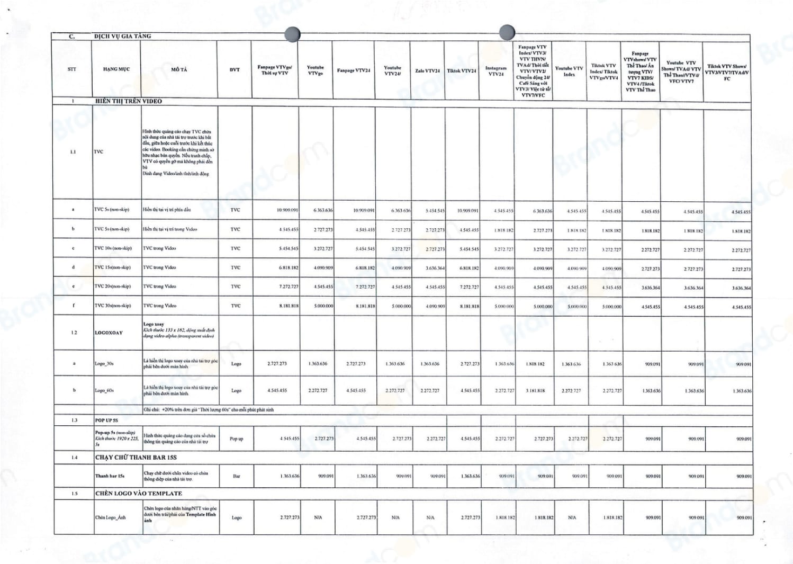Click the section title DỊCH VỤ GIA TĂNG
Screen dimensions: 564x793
coord(122,36)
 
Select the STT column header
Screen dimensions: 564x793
coord(72,69)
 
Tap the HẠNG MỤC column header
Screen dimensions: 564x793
coord(116,69)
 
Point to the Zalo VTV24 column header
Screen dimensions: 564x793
coord(427,70)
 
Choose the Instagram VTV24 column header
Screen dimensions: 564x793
coord(496,71)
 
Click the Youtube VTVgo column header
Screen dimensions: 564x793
coord(316,70)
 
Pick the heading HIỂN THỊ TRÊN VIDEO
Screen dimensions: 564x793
coord(129,101)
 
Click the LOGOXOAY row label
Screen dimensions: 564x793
coord(109,333)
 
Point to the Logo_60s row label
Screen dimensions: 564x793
coord(104,390)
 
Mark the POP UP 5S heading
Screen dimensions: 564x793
coord(106,420)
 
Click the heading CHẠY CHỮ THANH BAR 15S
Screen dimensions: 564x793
coord(136,457)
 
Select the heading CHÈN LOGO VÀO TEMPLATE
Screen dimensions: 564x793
coord(139,493)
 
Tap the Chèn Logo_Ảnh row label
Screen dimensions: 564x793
coord(111,517)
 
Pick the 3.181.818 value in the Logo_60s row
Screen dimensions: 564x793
coord(535,390)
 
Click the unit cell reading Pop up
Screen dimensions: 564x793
coord(236,438)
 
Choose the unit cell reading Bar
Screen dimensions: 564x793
coord(236,476)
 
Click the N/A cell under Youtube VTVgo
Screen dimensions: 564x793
coord(318,517)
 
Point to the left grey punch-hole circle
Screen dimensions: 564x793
coord(292,34)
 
